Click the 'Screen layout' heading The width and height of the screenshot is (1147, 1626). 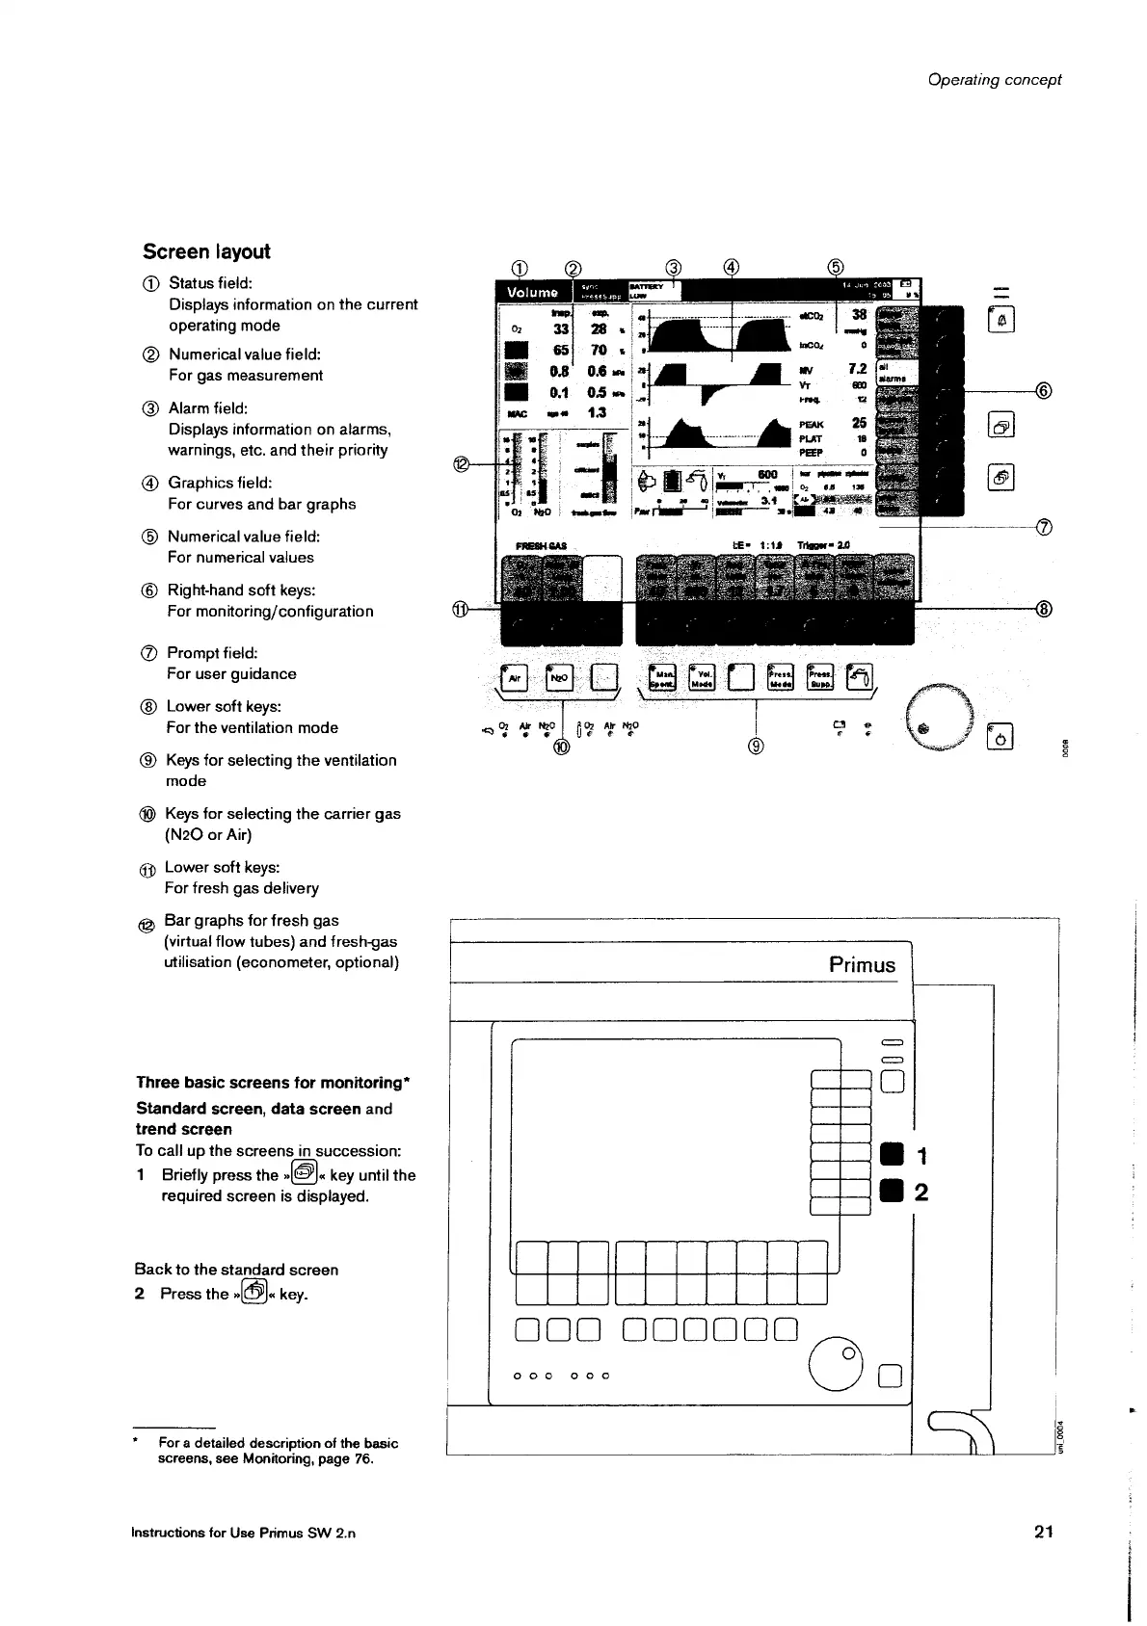[x=206, y=251]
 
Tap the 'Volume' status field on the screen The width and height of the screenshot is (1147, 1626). [x=533, y=292]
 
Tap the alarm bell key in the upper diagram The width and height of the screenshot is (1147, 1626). [x=1000, y=318]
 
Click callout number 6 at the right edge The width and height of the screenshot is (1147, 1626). [x=1042, y=390]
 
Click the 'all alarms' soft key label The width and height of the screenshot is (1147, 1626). [x=894, y=372]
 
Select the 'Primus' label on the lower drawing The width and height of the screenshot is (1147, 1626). [x=862, y=965]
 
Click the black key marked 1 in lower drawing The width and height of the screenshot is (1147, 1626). [x=892, y=1154]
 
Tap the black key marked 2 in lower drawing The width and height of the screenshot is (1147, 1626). [x=892, y=1192]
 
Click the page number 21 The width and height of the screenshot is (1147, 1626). [x=1043, y=1531]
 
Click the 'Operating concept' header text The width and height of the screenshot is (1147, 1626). [x=994, y=80]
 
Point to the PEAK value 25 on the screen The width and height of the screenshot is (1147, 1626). [x=858, y=422]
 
